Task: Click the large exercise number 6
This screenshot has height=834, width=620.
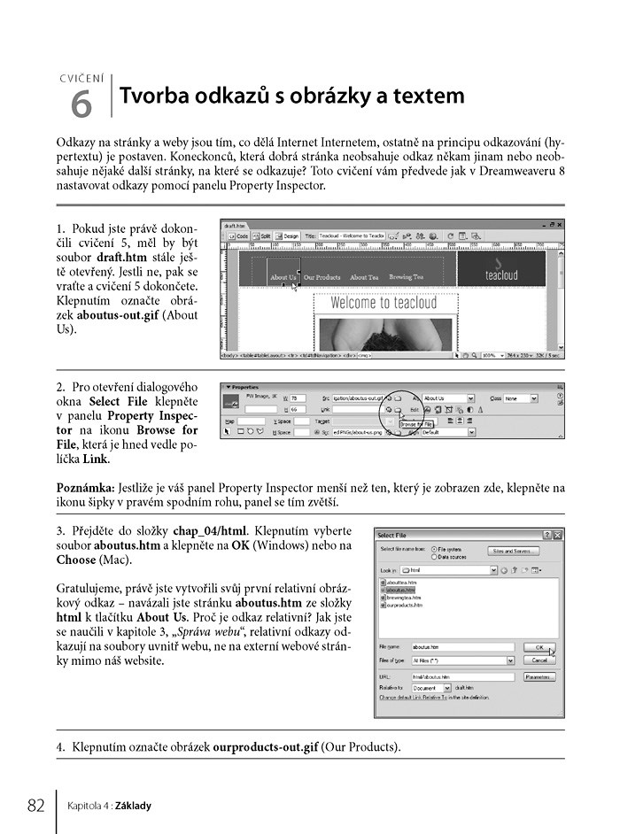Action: click(x=81, y=104)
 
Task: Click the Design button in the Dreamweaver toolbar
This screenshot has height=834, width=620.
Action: click(x=287, y=236)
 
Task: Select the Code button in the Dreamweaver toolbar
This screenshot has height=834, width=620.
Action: click(x=239, y=236)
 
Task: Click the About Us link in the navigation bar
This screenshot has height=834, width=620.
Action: click(x=283, y=277)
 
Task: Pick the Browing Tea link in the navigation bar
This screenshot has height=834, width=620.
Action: click(x=406, y=277)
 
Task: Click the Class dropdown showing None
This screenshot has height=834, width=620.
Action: click(x=523, y=399)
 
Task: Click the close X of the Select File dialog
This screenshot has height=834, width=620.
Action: click(x=557, y=535)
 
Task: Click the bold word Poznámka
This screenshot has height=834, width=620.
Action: click(x=83, y=488)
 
